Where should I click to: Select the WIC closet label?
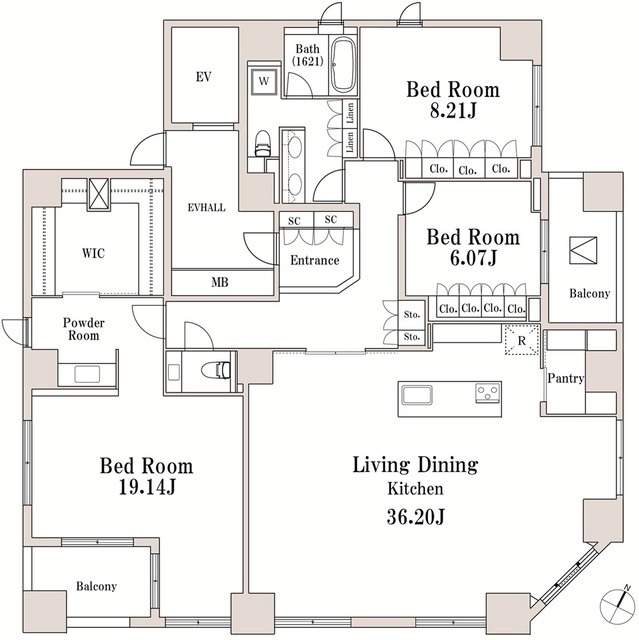(x=93, y=253)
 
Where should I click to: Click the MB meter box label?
(x=220, y=282)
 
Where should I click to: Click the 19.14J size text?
(x=146, y=489)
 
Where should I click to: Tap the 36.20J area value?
(x=415, y=517)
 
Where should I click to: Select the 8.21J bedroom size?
(x=452, y=113)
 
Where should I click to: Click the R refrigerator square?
(x=520, y=340)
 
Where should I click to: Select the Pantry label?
(x=566, y=379)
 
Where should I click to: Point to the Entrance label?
(x=313, y=260)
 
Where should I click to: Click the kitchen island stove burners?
(x=487, y=391)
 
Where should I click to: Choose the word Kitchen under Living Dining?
(x=415, y=490)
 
